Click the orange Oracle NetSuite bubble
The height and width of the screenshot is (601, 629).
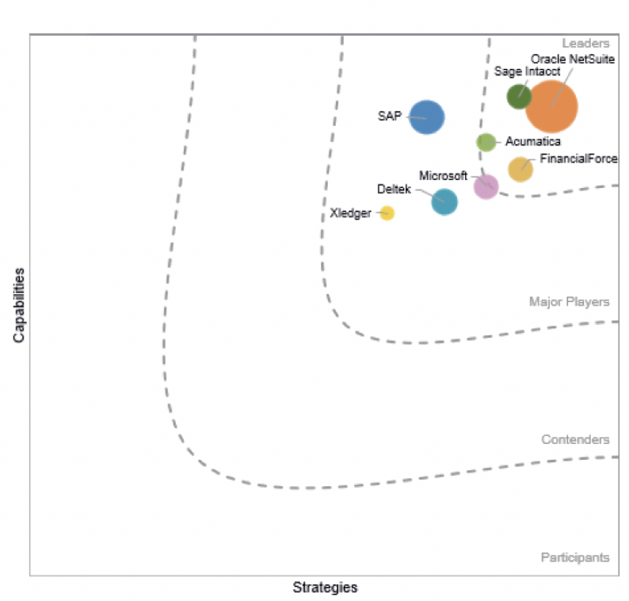pyautogui.click(x=551, y=106)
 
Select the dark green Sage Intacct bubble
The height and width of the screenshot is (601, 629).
pyautogui.click(x=519, y=97)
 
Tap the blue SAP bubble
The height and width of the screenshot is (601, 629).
pyautogui.click(x=427, y=117)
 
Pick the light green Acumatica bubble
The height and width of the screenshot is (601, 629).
pyautogui.click(x=486, y=143)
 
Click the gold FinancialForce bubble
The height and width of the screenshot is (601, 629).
pyautogui.click(x=520, y=170)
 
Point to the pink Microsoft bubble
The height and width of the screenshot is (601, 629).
pyautogui.click(x=486, y=186)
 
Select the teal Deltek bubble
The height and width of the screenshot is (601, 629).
pyautogui.click(x=444, y=202)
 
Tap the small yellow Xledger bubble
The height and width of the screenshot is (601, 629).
pyautogui.click(x=387, y=213)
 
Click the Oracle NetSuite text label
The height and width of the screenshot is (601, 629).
pyautogui.click(x=573, y=59)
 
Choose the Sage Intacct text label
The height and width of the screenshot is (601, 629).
pyautogui.click(x=527, y=71)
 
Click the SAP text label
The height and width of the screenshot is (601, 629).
pyautogui.click(x=390, y=116)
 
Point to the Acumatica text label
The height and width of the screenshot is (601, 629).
pyautogui.click(x=532, y=141)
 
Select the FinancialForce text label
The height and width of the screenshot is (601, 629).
pyautogui.click(x=578, y=159)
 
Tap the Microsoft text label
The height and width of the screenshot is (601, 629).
pyautogui.click(x=444, y=176)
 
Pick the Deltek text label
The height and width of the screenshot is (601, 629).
pyautogui.click(x=394, y=189)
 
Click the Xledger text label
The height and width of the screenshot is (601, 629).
pyautogui.click(x=351, y=213)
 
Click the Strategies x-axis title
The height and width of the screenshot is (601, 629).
pyautogui.click(x=325, y=588)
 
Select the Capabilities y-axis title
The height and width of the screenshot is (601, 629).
pyautogui.click(x=19, y=305)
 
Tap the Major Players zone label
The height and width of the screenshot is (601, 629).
pyautogui.click(x=570, y=302)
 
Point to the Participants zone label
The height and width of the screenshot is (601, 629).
pyautogui.click(x=575, y=557)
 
